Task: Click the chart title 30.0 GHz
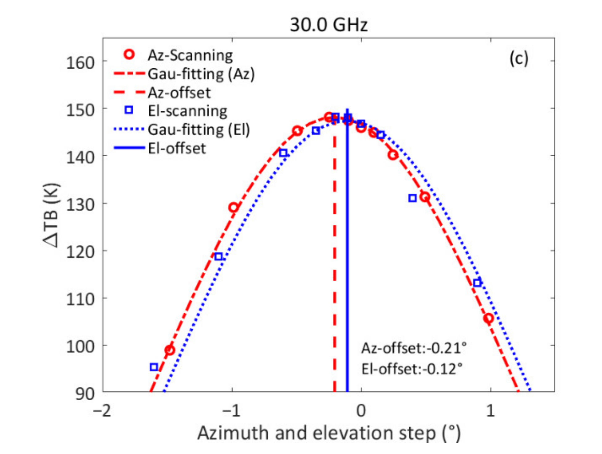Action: (328, 25)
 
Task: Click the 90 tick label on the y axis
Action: (85, 394)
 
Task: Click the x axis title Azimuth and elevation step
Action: (328, 433)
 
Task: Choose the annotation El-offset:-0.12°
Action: (412, 369)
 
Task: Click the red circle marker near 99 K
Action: (170, 350)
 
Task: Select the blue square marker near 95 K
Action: (154, 367)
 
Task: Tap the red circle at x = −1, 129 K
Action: (233, 207)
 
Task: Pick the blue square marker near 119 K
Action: (218, 256)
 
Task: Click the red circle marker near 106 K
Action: (489, 318)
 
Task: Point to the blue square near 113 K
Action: (477, 283)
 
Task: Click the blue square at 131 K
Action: (412, 198)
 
